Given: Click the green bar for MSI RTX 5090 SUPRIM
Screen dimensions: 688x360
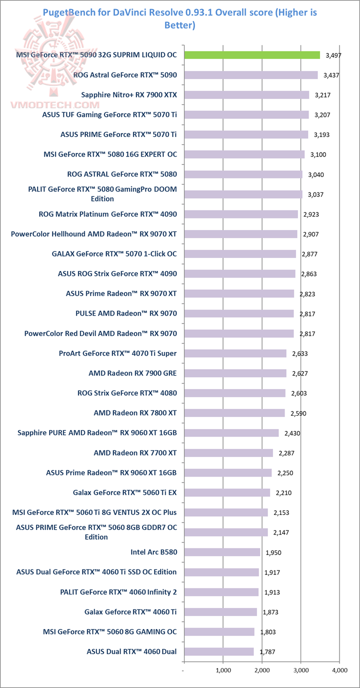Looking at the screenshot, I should (252, 55).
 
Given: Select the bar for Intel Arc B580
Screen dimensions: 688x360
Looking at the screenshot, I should (222, 552).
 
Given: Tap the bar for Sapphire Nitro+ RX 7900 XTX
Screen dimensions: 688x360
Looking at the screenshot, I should (246, 95).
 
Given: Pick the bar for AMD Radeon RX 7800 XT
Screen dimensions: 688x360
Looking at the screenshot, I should (234, 413).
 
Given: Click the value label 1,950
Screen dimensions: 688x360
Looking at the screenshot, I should (272, 552).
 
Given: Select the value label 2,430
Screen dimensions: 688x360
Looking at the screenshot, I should (291, 433).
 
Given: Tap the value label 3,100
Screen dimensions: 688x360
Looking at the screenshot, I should (317, 154).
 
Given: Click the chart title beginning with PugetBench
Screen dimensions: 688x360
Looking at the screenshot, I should (180, 18).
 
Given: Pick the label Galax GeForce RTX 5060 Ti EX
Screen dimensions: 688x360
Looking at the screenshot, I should (124, 492).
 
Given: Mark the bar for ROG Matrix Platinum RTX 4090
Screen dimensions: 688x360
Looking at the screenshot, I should (241, 214).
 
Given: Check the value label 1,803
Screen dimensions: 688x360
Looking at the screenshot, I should (267, 632).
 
